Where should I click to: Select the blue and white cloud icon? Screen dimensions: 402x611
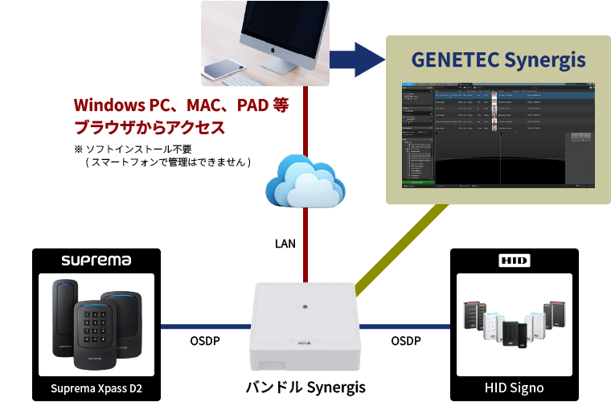(x=305, y=182)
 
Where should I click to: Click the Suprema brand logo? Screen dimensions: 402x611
(x=96, y=260)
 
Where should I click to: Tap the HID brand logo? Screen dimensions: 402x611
(x=515, y=260)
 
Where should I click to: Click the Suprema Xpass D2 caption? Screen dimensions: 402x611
(x=96, y=388)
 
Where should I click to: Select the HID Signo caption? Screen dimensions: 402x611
(x=515, y=388)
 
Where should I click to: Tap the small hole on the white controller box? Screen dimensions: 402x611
(x=305, y=306)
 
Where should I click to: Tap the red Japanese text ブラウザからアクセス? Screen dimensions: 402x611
(x=149, y=127)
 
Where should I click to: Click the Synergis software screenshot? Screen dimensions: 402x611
(x=498, y=133)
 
